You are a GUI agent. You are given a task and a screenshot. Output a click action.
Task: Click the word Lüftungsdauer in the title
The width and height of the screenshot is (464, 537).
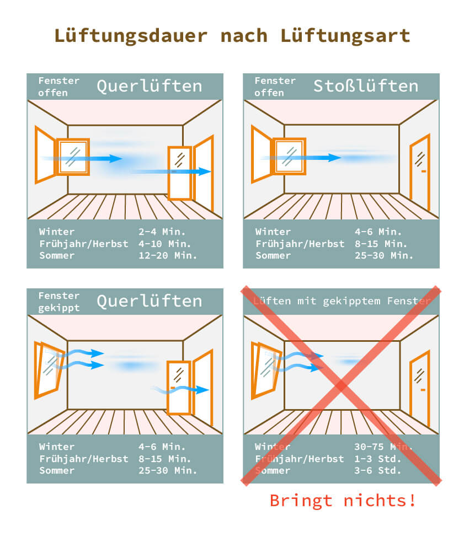(131, 35)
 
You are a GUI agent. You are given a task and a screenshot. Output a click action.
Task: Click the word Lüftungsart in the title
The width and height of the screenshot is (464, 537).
(345, 35)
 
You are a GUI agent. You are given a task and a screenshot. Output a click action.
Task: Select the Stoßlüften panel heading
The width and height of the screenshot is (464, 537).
(366, 86)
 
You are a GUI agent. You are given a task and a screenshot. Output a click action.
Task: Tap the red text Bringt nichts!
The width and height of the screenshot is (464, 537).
(342, 501)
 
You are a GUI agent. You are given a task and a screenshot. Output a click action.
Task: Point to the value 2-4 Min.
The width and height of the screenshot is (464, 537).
(162, 232)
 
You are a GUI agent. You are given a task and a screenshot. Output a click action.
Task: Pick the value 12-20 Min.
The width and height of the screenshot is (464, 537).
(167, 255)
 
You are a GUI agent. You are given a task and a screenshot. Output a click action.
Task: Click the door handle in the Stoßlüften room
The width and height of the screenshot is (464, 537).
(423, 171)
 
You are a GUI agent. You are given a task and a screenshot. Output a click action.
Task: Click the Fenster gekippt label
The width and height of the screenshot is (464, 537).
(58, 302)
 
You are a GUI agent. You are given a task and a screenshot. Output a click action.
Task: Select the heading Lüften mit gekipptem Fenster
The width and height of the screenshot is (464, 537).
(341, 301)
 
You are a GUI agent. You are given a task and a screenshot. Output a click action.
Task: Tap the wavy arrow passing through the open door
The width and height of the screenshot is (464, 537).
(182, 390)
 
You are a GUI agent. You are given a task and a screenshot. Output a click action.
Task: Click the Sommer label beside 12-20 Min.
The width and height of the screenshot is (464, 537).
(57, 255)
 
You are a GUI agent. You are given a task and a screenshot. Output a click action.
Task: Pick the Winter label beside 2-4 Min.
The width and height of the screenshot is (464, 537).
(57, 232)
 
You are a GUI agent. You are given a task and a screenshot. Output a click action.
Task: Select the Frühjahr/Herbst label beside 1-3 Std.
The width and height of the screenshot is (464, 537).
(300, 459)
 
